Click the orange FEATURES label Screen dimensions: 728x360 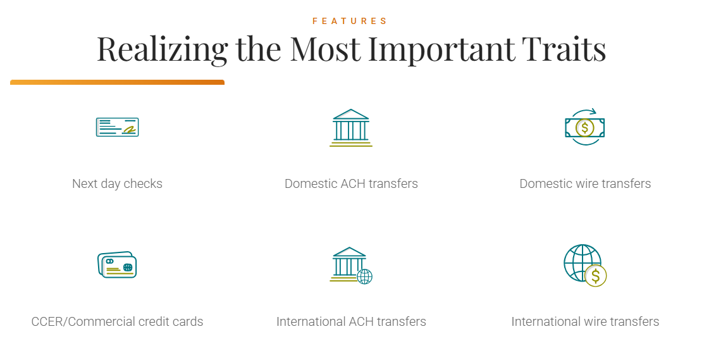(350, 21)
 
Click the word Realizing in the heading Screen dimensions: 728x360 (162, 49)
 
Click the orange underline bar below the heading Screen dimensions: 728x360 (118, 82)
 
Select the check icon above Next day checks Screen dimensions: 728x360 (117, 127)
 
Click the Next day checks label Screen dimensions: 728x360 (117, 183)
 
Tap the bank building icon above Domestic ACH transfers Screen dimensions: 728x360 (351, 128)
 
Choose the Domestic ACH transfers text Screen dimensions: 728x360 (351, 183)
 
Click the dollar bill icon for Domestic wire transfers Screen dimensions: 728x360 (584, 127)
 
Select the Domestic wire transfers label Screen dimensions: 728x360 (585, 183)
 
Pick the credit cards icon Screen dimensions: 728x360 (117, 264)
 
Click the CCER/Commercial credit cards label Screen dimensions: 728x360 (117, 321)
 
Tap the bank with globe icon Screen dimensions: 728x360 (351, 265)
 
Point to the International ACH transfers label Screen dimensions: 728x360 (351, 321)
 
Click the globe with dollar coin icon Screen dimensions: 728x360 (585, 265)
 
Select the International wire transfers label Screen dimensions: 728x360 (585, 321)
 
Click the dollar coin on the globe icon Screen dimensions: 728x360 (596, 275)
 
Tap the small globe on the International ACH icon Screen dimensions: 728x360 (364, 276)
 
